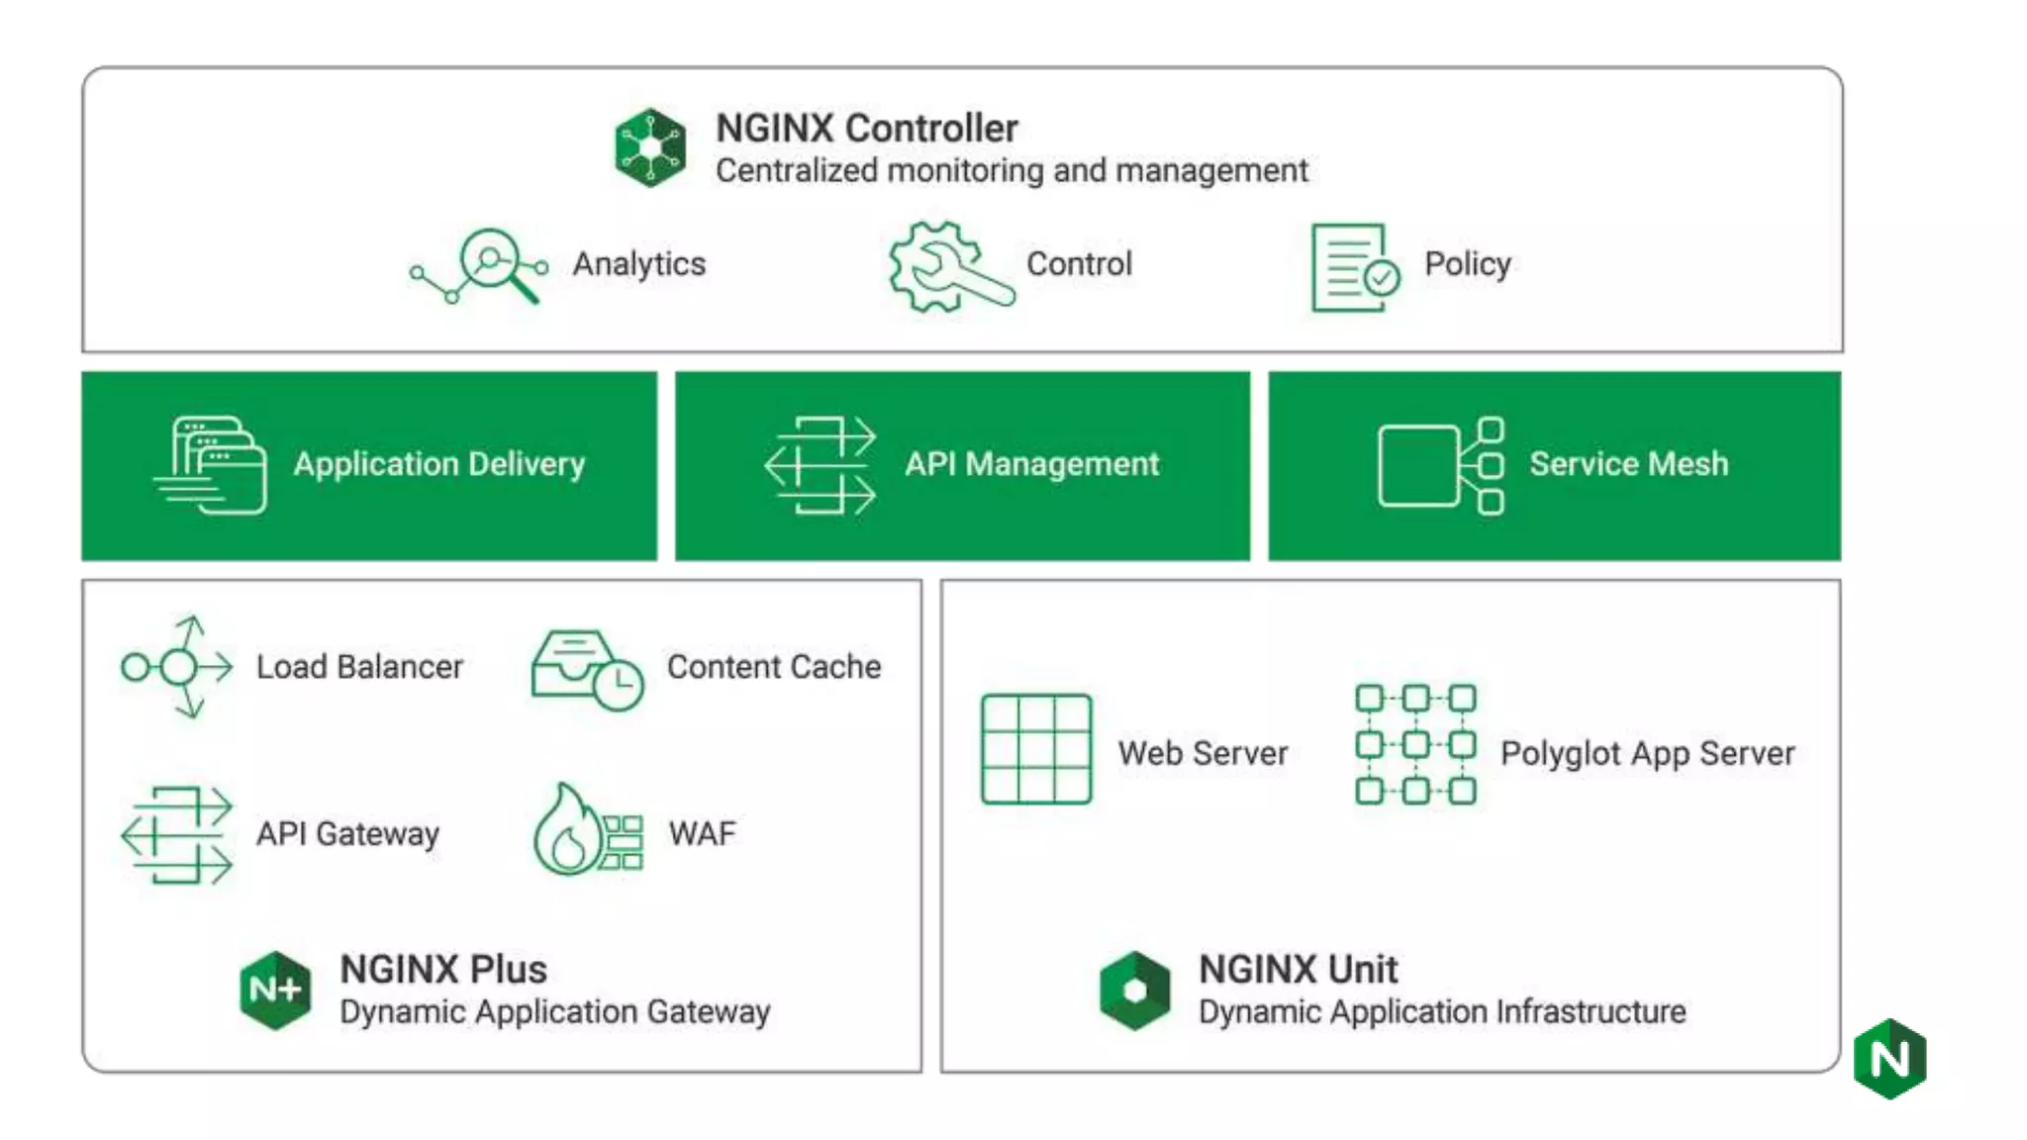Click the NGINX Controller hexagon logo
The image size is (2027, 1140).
(x=649, y=147)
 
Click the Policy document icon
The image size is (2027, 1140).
(x=1353, y=268)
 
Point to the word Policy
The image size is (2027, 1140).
(x=1467, y=264)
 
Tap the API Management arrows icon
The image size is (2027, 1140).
(x=820, y=465)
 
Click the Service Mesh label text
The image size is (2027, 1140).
(x=1628, y=464)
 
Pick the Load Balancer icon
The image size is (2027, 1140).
(x=177, y=667)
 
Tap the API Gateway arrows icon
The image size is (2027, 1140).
(x=177, y=834)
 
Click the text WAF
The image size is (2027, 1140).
(x=702, y=833)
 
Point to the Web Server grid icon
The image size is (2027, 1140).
(x=1036, y=749)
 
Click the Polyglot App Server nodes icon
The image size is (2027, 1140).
(x=1415, y=744)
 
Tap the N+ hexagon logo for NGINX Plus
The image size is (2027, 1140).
(x=275, y=990)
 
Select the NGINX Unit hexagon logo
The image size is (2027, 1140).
(x=1134, y=991)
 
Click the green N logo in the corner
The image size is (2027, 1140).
(x=1890, y=1059)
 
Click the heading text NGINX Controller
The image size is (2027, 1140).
(x=866, y=129)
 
